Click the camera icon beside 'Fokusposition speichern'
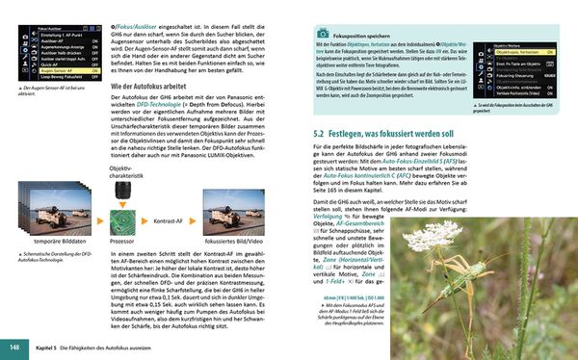pos(323,33)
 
